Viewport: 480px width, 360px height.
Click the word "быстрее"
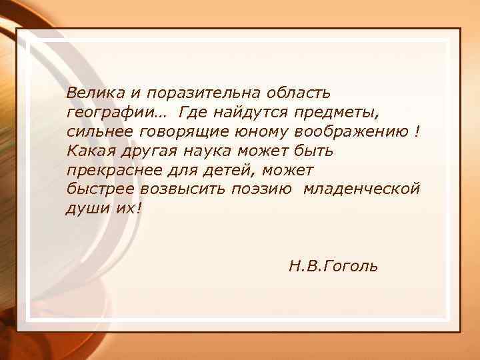(x=98, y=189)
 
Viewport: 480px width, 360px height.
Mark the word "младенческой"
(x=361, y=189)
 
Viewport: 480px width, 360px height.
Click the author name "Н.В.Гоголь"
(x=333, y=267)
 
